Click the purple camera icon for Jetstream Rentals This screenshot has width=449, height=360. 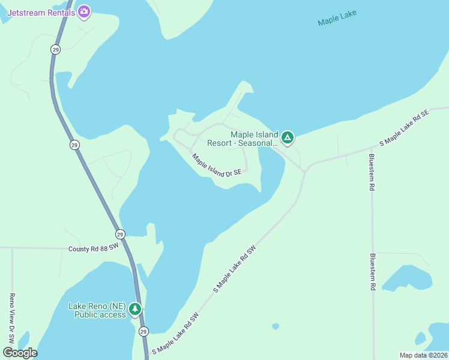pos(84,11)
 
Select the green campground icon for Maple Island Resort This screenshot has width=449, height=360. pos(288,139)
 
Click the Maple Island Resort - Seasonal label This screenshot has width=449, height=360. pos(243,139)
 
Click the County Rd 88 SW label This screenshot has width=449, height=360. pos(94,248)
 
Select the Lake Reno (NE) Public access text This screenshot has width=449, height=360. pos(96,310)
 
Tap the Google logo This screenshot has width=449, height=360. pos(20,353)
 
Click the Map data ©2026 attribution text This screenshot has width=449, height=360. pos(423,355)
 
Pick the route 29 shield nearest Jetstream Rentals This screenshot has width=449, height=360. pos(55,50)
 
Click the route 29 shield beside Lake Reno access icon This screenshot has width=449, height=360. pos(143,331)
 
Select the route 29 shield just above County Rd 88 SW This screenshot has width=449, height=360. pos(120,234)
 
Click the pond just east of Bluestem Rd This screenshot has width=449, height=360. pos(408,278)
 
